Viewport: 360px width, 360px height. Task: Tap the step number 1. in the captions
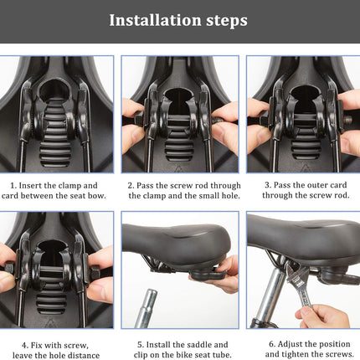pos(13,185)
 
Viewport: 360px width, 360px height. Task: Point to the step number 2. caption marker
pos(131,185)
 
